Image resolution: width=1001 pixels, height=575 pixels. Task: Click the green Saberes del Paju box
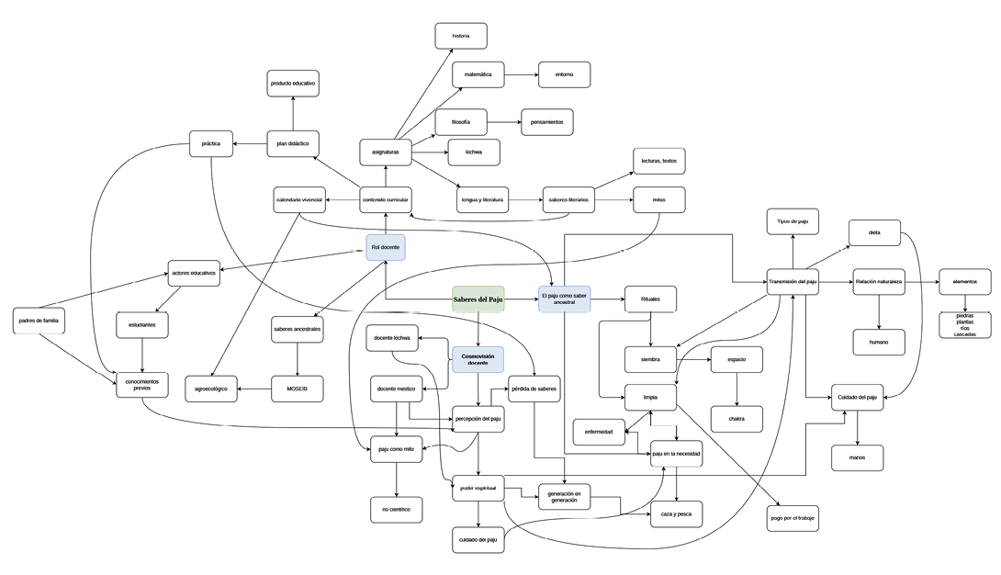coord(478,299)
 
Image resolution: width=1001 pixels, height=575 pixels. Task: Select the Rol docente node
coord(385,248)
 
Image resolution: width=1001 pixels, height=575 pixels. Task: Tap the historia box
coord(461,36)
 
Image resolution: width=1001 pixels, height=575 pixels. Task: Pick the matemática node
coord(478,74)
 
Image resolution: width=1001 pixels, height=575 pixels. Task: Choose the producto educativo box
coord(293,83)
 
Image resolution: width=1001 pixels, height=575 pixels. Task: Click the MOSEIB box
coord(298,389)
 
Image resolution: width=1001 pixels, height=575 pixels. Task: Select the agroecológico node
coord(211,389)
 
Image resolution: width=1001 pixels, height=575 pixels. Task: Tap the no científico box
coord(396,509)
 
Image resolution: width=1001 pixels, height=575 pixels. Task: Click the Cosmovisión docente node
coord(478,359)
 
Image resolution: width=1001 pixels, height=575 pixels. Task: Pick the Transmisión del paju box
coord(793,281)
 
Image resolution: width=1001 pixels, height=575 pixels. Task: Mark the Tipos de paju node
coord(793,221)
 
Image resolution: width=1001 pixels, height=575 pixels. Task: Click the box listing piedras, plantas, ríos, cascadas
coord(965,325)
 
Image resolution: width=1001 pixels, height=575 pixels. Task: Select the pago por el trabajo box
coord(793,518)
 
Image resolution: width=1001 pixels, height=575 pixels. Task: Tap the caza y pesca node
coord(676,514)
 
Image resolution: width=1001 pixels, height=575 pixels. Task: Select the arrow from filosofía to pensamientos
coord(503,121)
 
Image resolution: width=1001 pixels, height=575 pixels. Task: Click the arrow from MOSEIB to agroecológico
coord(255,389)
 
